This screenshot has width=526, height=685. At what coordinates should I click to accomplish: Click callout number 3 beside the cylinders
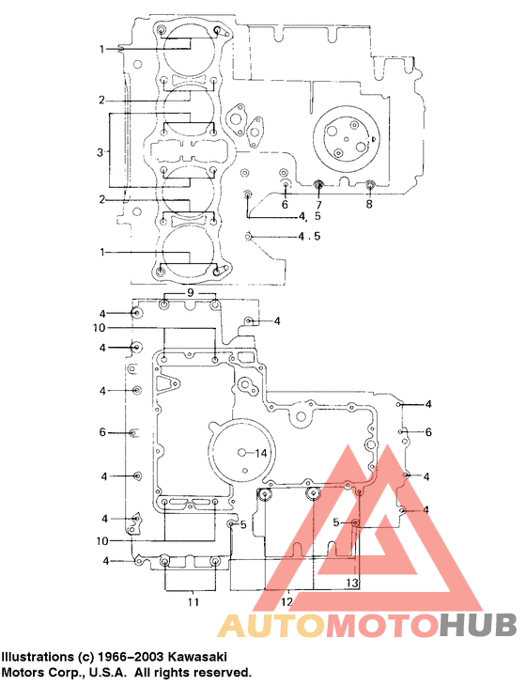100,150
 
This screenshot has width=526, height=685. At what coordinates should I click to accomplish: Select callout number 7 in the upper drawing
318,204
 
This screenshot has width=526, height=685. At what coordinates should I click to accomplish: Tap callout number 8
369,204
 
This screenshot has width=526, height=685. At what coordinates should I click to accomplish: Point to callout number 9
191,293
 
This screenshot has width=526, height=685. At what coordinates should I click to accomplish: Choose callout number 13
351,584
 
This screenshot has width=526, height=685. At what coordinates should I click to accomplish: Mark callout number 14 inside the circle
262,453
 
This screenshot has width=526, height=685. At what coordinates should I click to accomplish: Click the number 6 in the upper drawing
285,204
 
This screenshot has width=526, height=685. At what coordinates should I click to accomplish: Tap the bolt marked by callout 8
369,183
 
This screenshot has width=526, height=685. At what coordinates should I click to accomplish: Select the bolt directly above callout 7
318,183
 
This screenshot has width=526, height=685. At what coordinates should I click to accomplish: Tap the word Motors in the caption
25,673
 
